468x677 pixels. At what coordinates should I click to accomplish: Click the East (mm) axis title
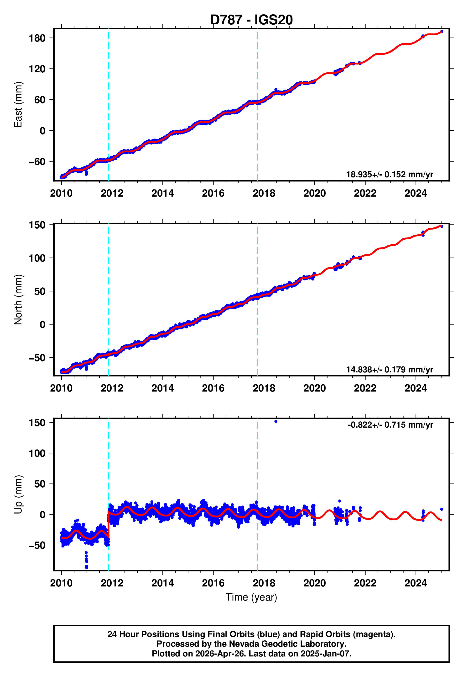18,105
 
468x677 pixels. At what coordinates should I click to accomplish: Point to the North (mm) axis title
18,300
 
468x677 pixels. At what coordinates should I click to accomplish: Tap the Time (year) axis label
251,597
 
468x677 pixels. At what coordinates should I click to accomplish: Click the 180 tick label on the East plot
37,38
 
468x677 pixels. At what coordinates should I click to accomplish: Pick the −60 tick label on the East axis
37,162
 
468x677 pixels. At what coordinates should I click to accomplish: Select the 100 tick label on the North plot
37,258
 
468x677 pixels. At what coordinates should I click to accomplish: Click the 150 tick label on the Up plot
37,423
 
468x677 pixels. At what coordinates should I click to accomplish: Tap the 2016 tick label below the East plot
213,193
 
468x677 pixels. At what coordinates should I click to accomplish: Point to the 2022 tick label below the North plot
365,388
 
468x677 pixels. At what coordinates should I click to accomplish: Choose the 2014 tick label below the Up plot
162,583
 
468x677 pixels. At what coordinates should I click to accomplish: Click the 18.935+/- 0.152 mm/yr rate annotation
390,174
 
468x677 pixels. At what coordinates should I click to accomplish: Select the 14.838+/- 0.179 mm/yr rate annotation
390,370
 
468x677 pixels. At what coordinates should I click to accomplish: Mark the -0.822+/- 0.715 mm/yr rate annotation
390,425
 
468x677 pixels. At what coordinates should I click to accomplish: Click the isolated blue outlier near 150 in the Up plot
276,421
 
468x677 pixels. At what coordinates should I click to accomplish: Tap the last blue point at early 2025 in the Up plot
442,509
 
